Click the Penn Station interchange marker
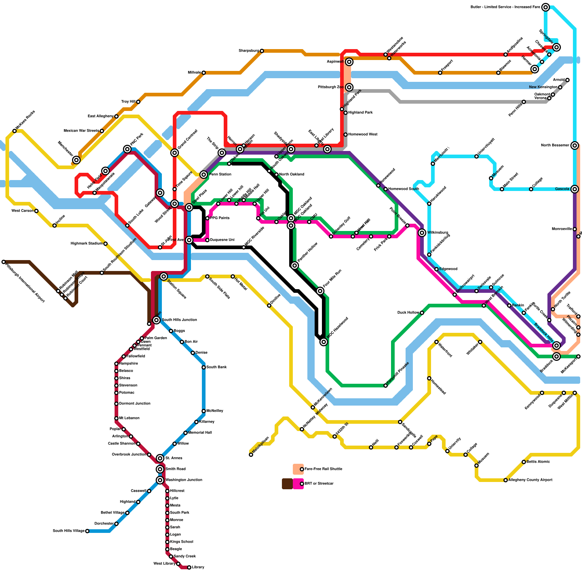click(x=204, y=175)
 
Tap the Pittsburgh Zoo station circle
click(x=349, y=87)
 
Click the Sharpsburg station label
click(x=249, y=51)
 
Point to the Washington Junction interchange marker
click(x=160, y=480)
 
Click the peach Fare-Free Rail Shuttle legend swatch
click(x=298, y=469)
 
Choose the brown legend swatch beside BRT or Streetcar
click(x=287, y=484)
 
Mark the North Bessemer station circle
click(x=575, y=145)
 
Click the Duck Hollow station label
click(x=408, y=313)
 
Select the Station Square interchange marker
click(x=164, y=277)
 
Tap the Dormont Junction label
click(x=135, y=404)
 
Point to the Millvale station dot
click(x=204, y=73)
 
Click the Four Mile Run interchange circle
click(x=320, y=291)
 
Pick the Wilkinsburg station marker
click(x=422, y=233)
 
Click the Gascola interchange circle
click(x=575, y=189)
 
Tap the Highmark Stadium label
click(x=87, y=244)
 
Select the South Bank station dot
click(x=204, y=367)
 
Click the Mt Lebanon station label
click(x=129, y=418)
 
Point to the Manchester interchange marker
click(x=76, y=160)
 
